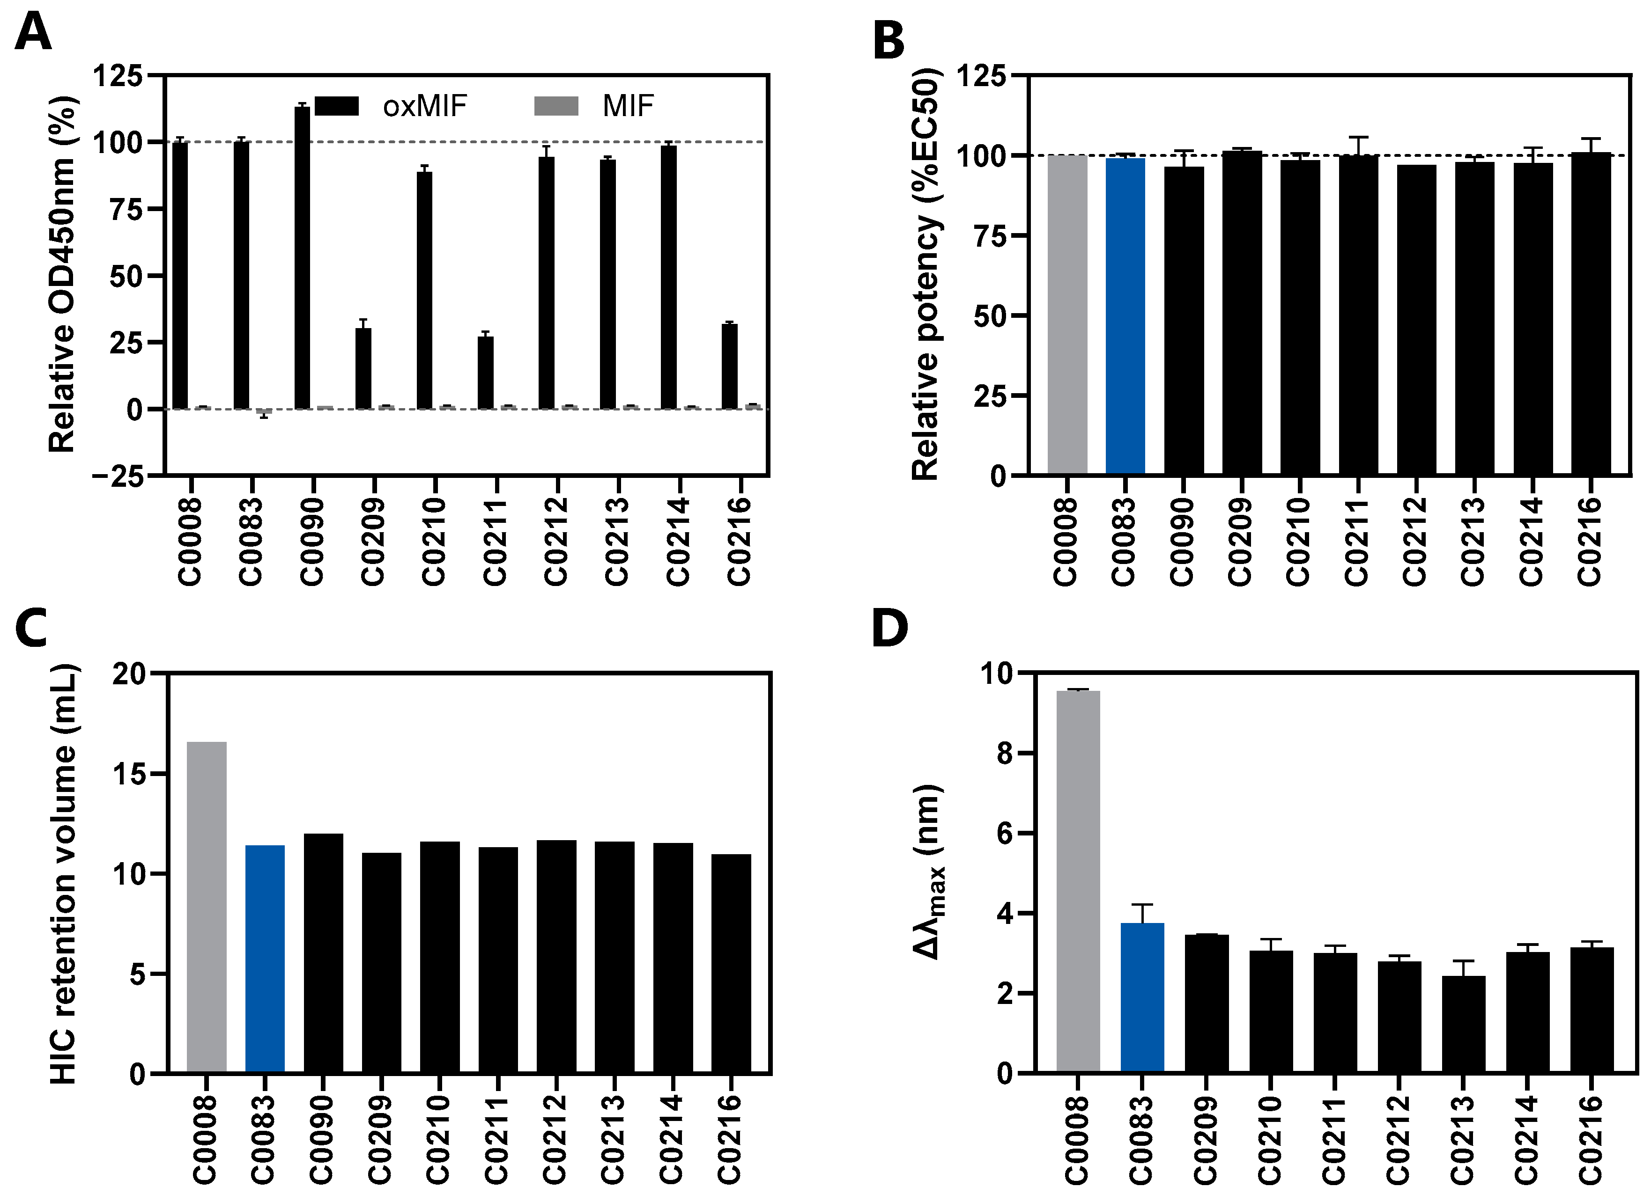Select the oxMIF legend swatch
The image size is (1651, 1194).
point(336,106)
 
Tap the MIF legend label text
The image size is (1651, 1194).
point(628,106)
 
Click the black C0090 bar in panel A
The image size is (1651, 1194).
point(302,258)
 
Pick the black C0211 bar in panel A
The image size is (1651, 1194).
point(486,373)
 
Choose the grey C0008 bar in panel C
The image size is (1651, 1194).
point(207,906)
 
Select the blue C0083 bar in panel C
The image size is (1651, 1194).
point(265,958)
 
